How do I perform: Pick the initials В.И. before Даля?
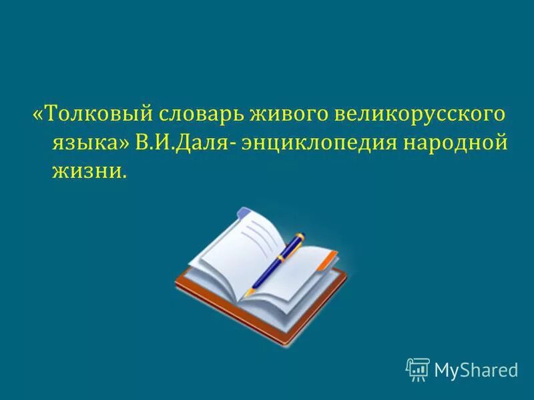pyautogui.click(x=154, y=143)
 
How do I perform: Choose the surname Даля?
pyautogui.click(x=200, y=143)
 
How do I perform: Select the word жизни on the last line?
pyautogui.click(x=85, y=172)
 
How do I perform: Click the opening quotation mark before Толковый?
pyautogui.click(x=37, y=115)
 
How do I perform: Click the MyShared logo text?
pyautogui.click(x=476, y=369)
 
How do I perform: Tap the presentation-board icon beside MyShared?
pyautogui.click(x=418, y=369)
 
